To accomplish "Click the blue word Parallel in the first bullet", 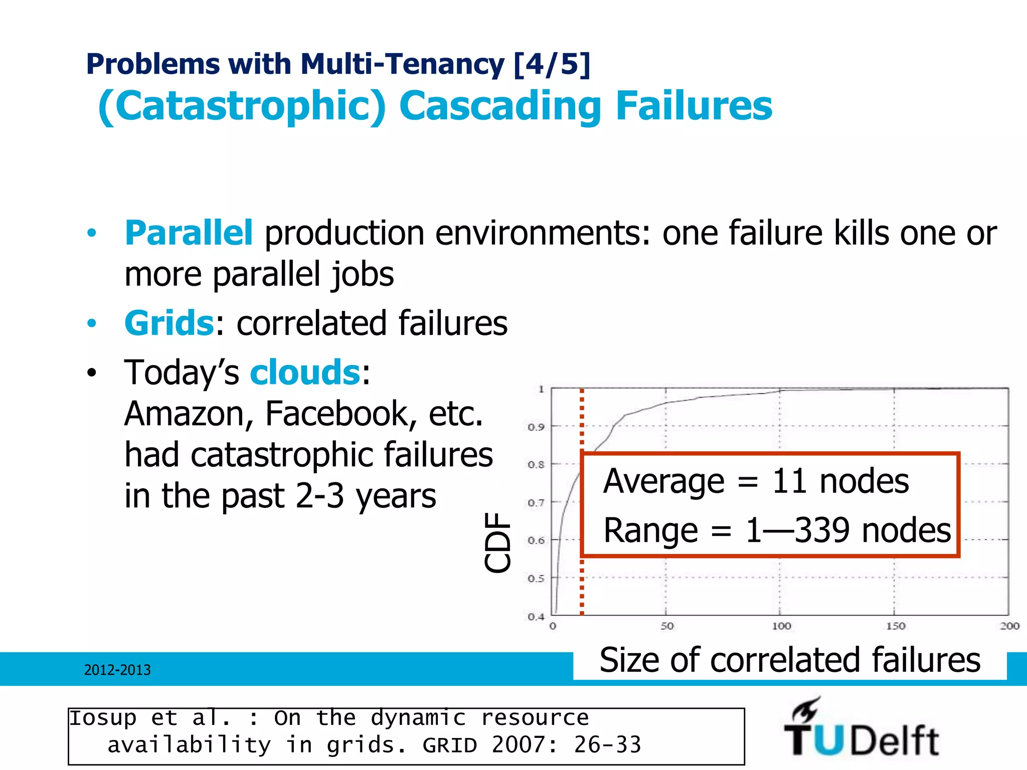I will pyautogui.click(x=189, y=233).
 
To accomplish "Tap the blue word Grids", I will pyautogui.click(x=169, y=323).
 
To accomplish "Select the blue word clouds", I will pyautogui.click(x=305, y=372).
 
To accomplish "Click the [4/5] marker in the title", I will pyautogui.click(x=552, y=64).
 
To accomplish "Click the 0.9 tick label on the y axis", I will pyautogui.click(x=536, y=427).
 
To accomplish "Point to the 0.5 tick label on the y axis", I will pyautogui.click(x=536, y=579).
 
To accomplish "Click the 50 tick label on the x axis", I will pyautogui.click(x=666, y=626).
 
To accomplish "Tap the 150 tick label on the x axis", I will pyautogui.click(x=895, y=626).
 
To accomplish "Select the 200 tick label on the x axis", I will pyautogui.click(x=1009, y=626).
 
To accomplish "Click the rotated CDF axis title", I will pyautogui.click(x=497, y=542).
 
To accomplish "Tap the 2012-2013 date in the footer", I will pyautogui.click(x=117, y=670).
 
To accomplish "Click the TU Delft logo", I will pyautogui.click(x=861, y=729).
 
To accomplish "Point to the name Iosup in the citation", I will pyautogui.click(x=103, y=718).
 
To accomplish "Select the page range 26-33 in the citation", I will pyautogui.click(x=608, y=745).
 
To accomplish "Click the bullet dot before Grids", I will pyautogui.click(x=91, y=323).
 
